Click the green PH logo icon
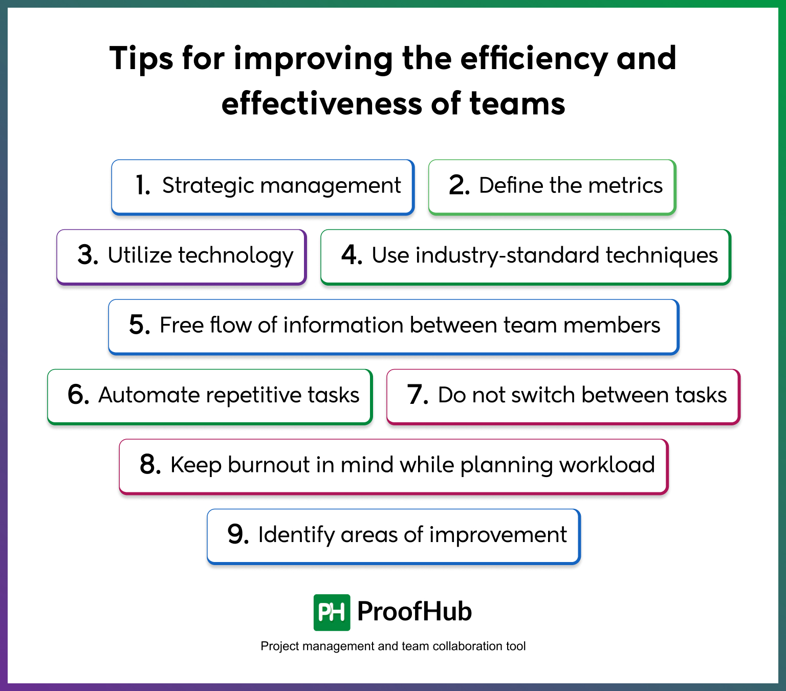coord(332,612)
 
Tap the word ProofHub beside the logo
coord(414,611)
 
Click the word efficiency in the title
coord(534,58)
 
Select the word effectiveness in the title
coord(322,103)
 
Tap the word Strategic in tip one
coord(207,186)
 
